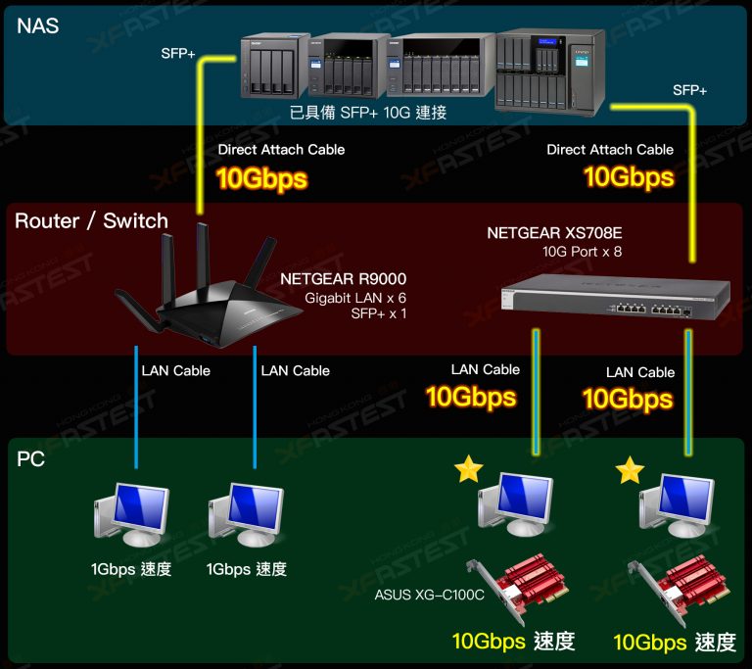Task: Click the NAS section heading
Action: coord(38,26)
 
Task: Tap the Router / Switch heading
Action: coord(91,221)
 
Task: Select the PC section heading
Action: coord(31,458)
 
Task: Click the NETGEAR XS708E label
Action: coord(554,233)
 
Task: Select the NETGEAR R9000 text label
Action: coord(343,280)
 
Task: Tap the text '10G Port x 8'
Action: coord(582,252)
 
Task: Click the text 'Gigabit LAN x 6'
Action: coord(354,298)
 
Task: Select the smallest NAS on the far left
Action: coord(268,69)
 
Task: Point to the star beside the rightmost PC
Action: coord(630,471)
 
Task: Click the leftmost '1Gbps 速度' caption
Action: coord(130,569)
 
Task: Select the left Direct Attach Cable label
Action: coord(281,150)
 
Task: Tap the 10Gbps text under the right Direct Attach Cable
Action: coord(629,177)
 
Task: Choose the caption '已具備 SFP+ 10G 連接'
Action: coord(368,114)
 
